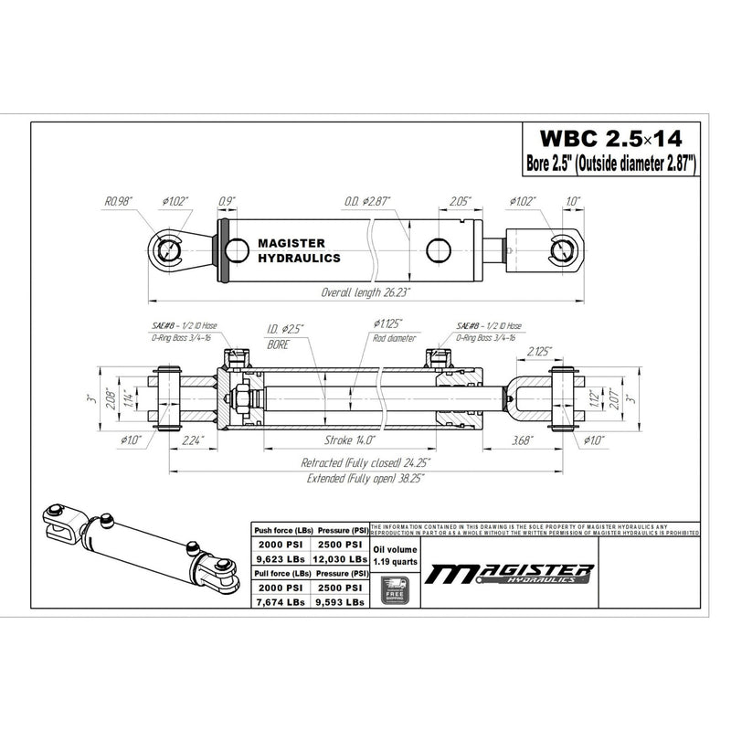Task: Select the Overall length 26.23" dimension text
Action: [365, 292]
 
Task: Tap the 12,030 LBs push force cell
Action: [340, 557]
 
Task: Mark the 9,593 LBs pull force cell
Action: [340, 602]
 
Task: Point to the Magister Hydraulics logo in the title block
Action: [513, 573]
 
